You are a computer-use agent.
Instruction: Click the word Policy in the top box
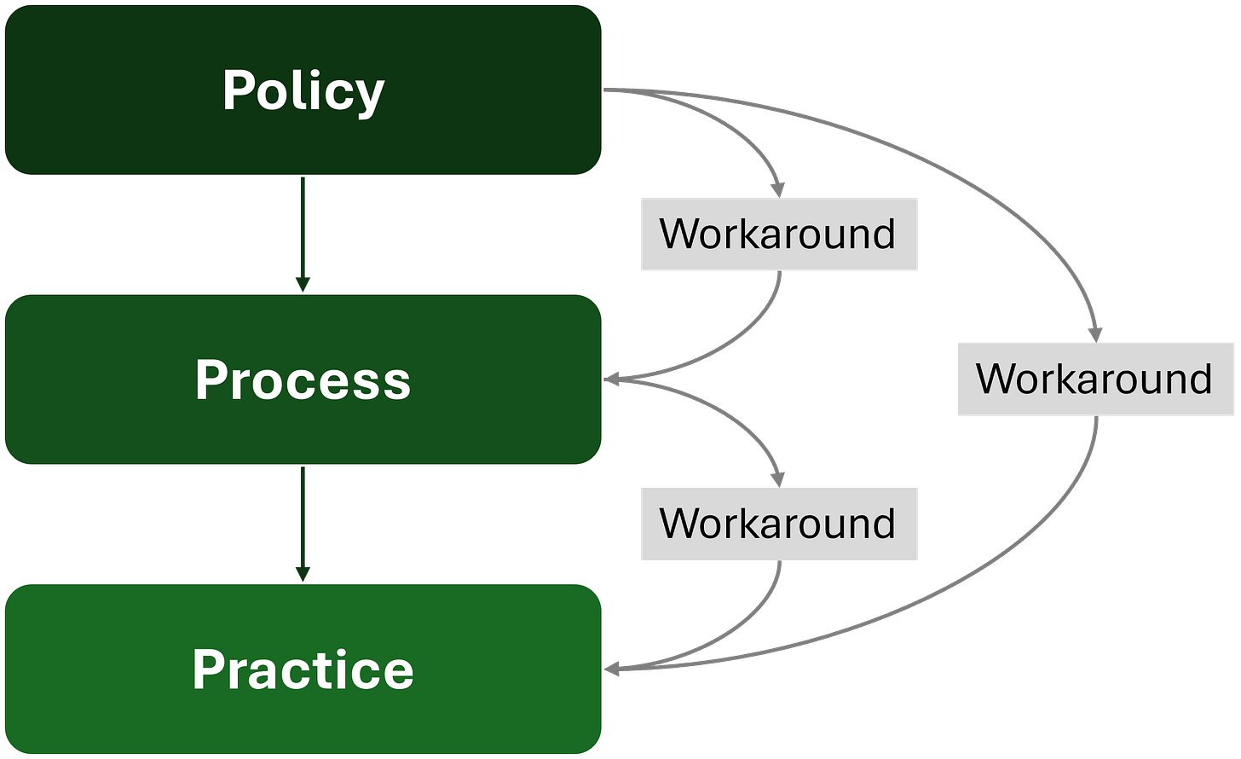(303, 90)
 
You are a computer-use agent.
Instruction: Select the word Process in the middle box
(303, 379)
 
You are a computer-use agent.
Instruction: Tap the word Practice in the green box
(303, 669)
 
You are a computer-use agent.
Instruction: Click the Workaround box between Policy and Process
(778, 235)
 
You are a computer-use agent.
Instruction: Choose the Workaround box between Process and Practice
(778, 524)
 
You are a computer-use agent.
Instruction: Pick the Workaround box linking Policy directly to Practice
(1094, 379)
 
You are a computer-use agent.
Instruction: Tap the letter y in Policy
(369, 96)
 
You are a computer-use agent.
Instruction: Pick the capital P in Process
(211, 379)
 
